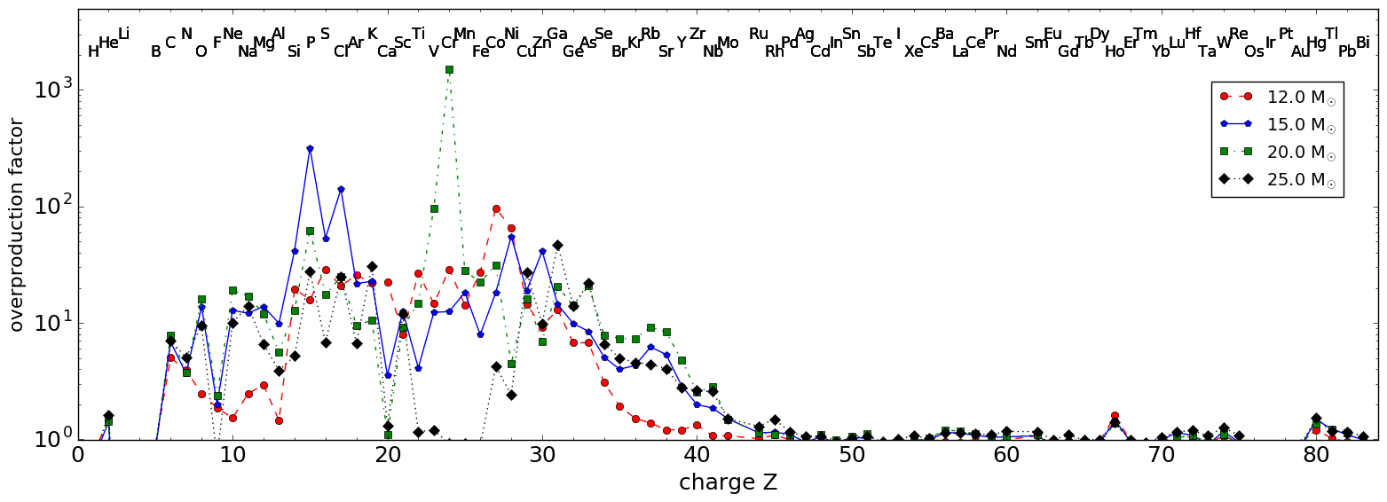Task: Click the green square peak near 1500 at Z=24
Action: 449,69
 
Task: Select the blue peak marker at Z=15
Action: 310,149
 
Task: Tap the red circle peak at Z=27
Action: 496,208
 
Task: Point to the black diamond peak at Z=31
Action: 557,245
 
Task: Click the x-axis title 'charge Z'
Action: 728,483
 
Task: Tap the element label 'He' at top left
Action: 108,43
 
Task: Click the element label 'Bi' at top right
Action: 1362,43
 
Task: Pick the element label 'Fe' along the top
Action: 480,51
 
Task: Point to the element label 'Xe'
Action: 913,51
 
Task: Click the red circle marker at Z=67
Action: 1115,416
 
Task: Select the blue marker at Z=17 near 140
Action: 341,189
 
